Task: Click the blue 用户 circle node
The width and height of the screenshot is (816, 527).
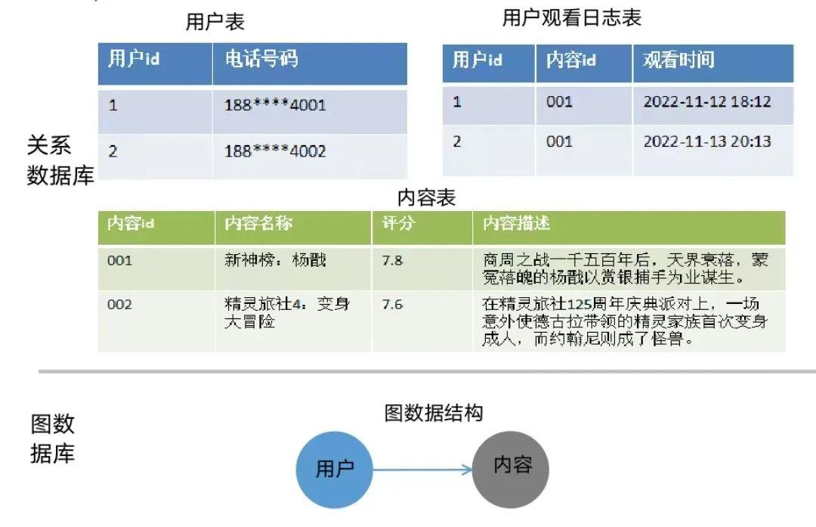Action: click(x=335, y=470)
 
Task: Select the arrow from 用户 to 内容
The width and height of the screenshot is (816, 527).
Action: click(x=423, y=470)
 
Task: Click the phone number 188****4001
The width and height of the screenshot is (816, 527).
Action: click(x=275, y=105)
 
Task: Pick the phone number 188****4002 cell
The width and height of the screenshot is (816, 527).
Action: click(x=275, y=151)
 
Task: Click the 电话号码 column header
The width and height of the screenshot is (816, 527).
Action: click(x=261, y=60)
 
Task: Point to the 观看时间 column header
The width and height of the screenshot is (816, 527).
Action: click(x=678, y=60)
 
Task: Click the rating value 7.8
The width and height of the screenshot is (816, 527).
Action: click(x=393, y=261)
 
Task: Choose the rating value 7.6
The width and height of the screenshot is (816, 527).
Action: click(x=393, y=305)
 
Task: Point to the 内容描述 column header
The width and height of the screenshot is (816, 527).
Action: click(x=517, y=225)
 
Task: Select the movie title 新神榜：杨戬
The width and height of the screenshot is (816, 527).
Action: click(x=276, y=261)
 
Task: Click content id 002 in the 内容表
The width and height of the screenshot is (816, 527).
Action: click(x=119, y=305)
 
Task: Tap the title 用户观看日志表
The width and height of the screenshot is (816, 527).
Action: click(x=572, y=18)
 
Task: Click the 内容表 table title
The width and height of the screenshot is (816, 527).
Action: click(x=427, y=198)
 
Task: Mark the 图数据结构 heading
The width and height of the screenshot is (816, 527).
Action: click(x=434, y=413)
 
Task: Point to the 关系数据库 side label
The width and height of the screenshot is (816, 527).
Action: click(x=60, y=160)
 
